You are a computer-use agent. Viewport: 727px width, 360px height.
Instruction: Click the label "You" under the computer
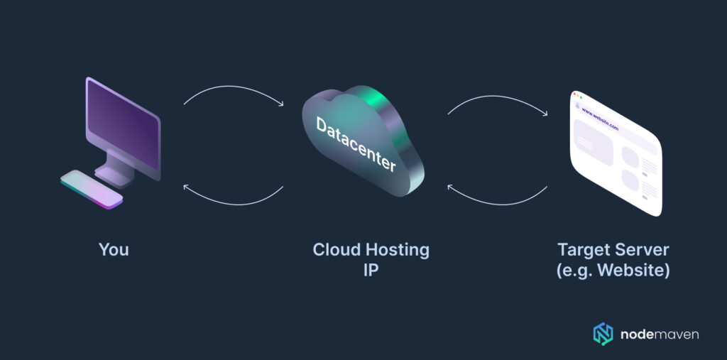(114, 250)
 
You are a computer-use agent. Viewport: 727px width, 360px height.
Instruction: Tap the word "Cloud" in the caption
(336, 250)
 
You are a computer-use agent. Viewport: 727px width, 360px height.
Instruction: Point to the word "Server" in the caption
(643, 250)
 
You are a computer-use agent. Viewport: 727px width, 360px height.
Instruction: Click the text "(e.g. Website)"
(613, 271)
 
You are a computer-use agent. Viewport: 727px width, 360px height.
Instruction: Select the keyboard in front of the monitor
(91, 189)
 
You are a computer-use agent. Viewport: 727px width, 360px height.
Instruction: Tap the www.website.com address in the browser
(600, 119)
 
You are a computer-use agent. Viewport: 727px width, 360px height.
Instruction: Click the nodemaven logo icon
(602, 334)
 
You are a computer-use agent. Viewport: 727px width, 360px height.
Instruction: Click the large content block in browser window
(593, 141)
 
